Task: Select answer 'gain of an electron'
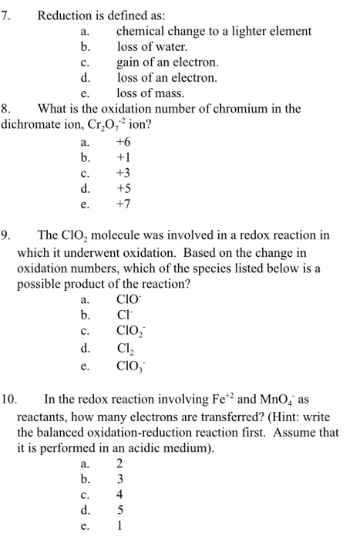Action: [167, 62]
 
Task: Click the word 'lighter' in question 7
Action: [247, 31]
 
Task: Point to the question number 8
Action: [8, 109]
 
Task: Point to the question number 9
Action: [8, 235]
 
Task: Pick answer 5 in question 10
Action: [119, 510]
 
